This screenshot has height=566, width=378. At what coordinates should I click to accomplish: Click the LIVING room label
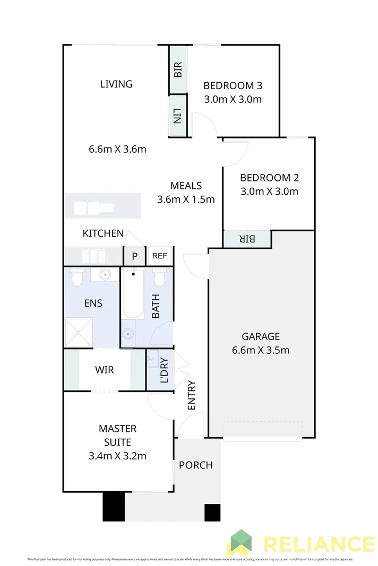click(x=116, y=84)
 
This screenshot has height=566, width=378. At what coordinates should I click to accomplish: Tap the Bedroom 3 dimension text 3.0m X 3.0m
click(x=233, y=99)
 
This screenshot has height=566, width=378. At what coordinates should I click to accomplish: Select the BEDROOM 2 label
click(x=273, y=178)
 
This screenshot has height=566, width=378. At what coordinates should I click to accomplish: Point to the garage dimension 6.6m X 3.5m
click(x=260, y=350)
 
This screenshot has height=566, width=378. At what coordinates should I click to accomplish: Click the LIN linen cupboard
click(x=178, y=116)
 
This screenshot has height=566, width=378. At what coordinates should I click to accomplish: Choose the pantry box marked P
click(x=134, y=256)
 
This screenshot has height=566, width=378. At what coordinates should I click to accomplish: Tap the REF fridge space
click(x=159, y=256)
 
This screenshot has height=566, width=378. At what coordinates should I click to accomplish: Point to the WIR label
click(x=105, y=370)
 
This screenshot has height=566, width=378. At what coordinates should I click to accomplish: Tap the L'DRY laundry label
click(x=164, y=371)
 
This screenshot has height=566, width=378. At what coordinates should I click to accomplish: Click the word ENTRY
click(x=192, y=395)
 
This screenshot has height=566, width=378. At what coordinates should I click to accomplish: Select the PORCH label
click(x=195, y=465)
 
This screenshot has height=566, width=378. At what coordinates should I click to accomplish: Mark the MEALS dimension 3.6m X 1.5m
click(x=186, y=199)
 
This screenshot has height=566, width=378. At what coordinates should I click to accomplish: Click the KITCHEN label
click(x=103, y=233)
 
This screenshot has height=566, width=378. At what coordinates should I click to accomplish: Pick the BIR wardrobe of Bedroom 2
click(x=247, y=239)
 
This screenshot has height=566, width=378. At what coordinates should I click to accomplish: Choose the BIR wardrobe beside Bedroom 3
click(x=178, y=69)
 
